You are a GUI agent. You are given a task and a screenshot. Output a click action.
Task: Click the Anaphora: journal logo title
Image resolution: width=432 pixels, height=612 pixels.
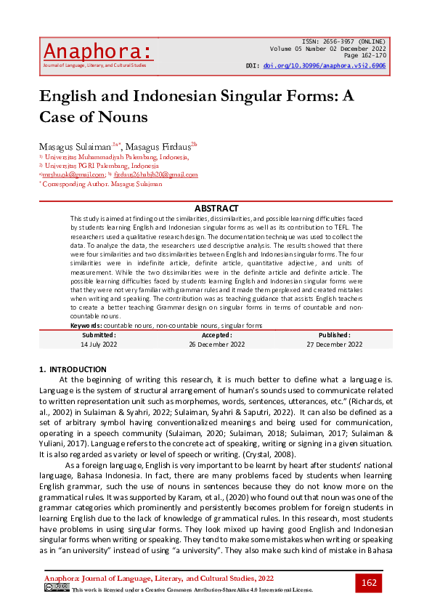(98, 52)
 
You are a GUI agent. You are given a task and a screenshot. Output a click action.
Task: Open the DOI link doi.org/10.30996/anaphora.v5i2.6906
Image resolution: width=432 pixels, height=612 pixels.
(324, 65)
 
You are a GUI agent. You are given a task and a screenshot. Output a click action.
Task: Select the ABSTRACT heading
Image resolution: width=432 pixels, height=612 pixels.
(216, 209)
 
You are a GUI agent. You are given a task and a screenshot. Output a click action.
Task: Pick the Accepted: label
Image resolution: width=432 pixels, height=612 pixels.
(216, 335)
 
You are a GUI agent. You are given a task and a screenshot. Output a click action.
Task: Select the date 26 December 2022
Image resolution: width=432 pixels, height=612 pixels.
(216, 345)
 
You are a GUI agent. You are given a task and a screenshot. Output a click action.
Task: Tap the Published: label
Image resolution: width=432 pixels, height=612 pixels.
(335, 335)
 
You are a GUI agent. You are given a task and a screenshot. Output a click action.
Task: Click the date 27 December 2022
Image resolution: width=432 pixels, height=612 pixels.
(335, 345)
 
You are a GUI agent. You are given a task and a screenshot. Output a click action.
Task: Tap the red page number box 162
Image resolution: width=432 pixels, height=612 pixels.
(368, 582)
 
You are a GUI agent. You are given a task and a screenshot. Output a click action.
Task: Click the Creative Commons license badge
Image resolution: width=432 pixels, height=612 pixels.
(57, 588)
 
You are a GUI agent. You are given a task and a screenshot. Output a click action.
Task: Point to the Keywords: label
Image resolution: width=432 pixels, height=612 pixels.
(86, 326)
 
